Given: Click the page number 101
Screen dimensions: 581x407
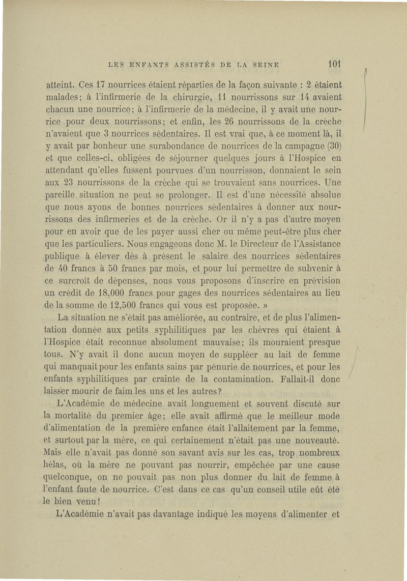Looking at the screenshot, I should click(x=334, y=65).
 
